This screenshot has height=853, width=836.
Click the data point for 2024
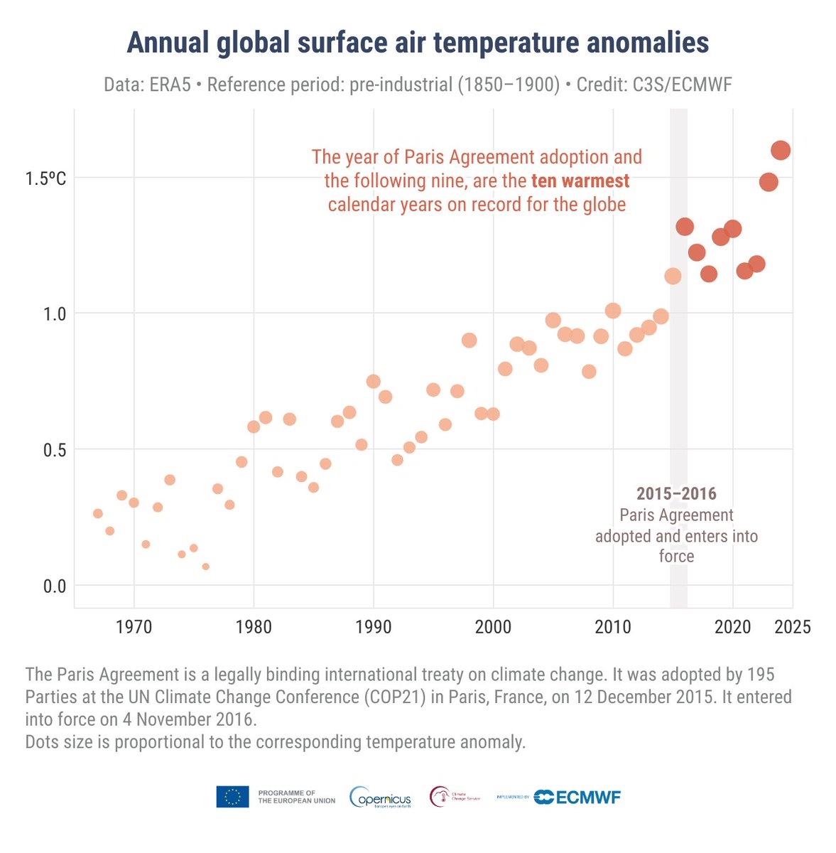[x=781, y=150]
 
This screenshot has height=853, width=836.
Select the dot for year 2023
[x=769, y=182]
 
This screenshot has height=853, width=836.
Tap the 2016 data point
[x=685, y=227]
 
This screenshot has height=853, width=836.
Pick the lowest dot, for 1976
[x=205, y=567]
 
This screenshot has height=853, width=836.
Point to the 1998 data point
[x=469, y=340]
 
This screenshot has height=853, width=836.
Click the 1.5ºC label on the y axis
[x=46, y=178]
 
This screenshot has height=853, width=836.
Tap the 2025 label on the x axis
[x=792, y=627]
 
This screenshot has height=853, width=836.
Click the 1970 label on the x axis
[x=134, y=627]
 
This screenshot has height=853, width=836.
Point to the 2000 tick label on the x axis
[x=493, y=627]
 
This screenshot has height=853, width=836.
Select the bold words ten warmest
[x=580, y=181]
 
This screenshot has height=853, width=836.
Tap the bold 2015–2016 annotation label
[x=676, y=493]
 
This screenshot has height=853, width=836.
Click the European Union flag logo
[x=232, y=797]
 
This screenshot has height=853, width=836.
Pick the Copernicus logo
[x=381, y=797]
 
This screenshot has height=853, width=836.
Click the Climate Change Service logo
[x=455, y=797]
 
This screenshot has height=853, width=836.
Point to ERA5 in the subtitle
[x=170, y=85]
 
